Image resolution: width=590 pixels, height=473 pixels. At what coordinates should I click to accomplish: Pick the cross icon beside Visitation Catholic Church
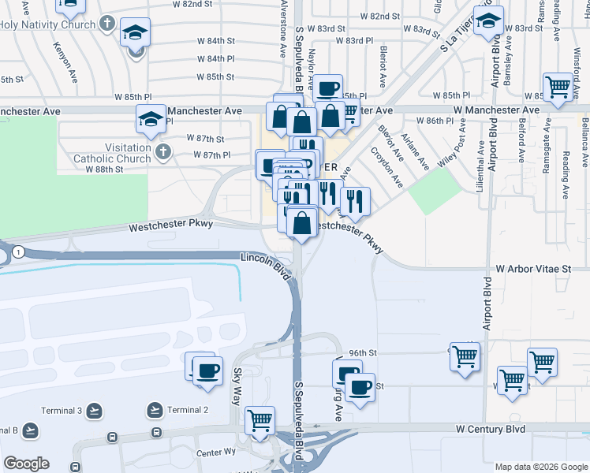163,151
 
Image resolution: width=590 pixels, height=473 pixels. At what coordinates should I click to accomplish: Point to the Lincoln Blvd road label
266,264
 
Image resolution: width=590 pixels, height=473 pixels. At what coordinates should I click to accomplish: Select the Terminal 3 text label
69,411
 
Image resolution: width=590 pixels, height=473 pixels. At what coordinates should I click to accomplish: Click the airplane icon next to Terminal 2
155,410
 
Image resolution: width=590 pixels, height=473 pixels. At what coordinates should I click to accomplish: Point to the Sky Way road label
237,385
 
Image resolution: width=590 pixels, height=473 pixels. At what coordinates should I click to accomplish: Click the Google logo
26,464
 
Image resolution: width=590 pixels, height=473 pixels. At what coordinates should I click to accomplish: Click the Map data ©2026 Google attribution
541,467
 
